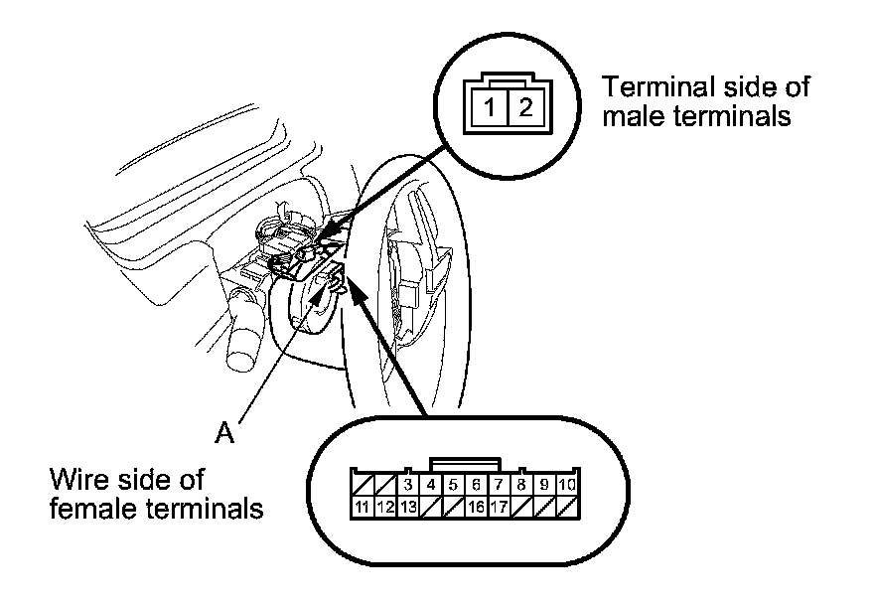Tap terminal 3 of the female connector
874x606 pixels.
(x=407, y=485)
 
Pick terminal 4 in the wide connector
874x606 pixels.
(x=430, y=485)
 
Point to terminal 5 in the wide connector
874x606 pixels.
(x=453, y=485)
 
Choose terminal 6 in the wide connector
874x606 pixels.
(x=476, y=485)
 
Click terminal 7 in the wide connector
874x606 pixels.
(x=499, y=485)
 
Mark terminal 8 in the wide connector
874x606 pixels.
(x=521, y=485)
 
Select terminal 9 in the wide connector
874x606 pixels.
(x=544, y=485)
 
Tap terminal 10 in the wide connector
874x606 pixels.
(x=567, y=485)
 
